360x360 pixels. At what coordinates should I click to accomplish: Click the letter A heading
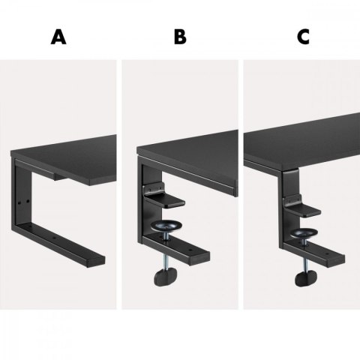(x=58, y=37)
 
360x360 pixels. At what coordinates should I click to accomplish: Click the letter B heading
(x=180, y=37)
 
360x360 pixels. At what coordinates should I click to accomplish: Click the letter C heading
(x=300, y=37)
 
